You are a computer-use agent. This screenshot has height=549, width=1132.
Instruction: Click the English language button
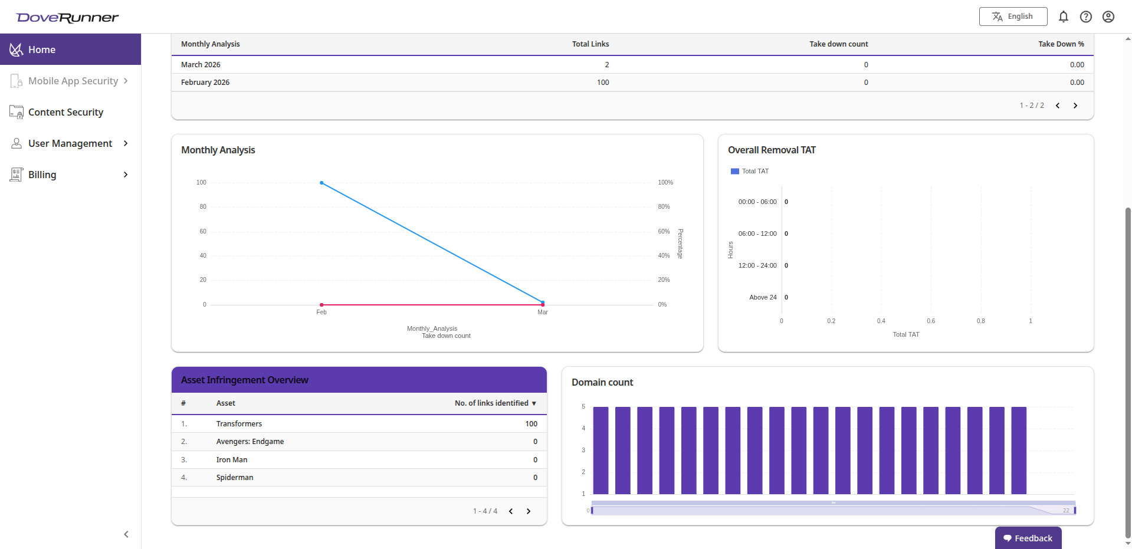point(1013,17)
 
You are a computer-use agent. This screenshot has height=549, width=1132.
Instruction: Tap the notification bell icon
point(1063,17)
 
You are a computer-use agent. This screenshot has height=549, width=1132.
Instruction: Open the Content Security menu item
point(65,112)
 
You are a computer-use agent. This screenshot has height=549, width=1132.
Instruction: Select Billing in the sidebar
point(42,175)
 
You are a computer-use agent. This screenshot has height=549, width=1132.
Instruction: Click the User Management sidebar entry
point(70,143)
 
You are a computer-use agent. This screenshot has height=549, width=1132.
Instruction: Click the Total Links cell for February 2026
point(602,83)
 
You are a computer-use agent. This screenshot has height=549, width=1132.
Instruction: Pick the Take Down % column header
point(1061,44)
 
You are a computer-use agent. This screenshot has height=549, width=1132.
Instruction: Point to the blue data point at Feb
point(321,183)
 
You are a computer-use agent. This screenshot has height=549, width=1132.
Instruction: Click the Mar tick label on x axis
point(543,313)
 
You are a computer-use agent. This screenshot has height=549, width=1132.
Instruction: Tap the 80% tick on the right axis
point(664,207)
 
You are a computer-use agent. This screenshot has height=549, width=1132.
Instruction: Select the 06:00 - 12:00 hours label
point(757,234)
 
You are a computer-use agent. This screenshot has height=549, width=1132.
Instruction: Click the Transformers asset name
point(239,424)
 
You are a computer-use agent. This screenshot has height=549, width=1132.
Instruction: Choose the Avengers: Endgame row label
point(250,442)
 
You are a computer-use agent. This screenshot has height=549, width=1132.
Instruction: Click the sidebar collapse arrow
point(126,534)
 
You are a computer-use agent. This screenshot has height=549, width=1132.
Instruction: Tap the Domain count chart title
point(602,383)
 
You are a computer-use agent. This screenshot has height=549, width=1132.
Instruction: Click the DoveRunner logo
point(68,18)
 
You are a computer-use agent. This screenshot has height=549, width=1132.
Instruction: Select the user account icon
point(1108,17)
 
